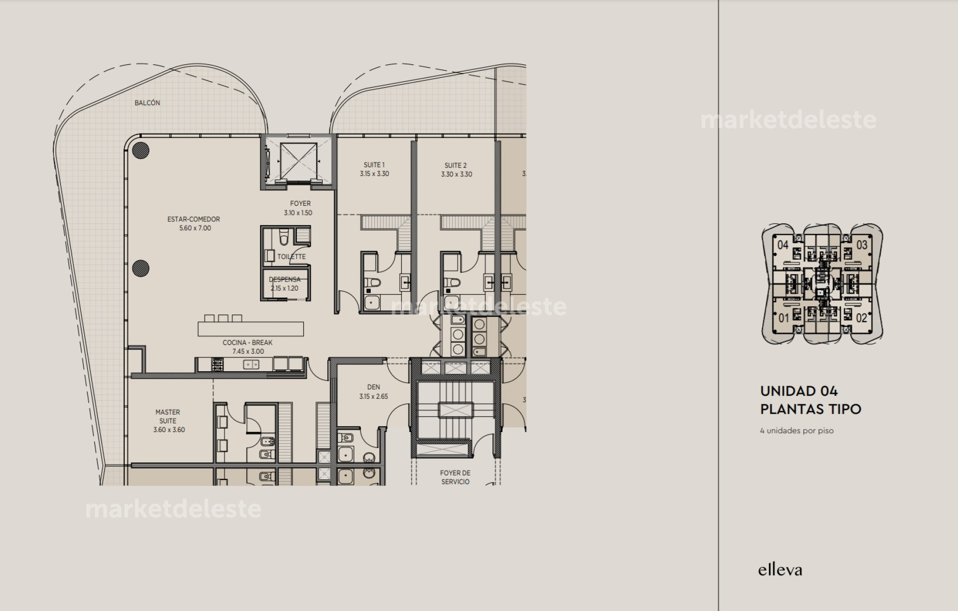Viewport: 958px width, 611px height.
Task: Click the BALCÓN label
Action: [147, 103]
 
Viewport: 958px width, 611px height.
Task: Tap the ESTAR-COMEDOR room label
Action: [194, 219]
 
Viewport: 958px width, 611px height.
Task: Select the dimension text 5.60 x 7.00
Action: [195, 228]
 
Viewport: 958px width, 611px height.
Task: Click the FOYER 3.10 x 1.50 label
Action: [300, 208]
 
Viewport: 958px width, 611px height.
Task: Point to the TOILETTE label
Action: [291, 257]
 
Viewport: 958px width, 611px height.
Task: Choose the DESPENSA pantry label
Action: [285, 280]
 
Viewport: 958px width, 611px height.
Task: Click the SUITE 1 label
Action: [374, 165]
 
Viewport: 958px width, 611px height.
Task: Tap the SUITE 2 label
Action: [456, 165]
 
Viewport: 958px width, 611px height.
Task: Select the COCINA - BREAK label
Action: [247, 343]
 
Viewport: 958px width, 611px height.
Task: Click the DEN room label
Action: [373, 387]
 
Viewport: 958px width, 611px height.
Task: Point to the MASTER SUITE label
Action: [168, 417]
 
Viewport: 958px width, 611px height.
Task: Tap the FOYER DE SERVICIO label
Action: [455, 477]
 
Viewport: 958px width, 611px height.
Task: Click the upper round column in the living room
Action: [141, 150]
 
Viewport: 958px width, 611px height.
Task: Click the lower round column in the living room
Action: [141, 268]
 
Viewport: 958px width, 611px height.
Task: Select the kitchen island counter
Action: [250, 329]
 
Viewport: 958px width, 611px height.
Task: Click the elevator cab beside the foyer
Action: [298, 160]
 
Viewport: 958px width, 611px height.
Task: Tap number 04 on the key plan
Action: [783, 245]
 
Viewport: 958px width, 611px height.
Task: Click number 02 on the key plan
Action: [861, 318]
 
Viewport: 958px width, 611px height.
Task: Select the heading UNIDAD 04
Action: [799, 391]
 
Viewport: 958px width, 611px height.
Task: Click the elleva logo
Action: [780, 570]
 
